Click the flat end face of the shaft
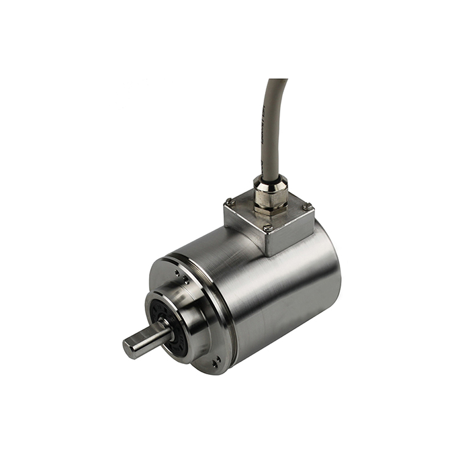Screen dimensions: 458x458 point(129,349)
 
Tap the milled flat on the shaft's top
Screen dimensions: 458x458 point(147,335)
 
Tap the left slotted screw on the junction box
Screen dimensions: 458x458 point(229,202)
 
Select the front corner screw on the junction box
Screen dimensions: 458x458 point(267,228)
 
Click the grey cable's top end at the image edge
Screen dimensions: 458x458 point(278,81)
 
